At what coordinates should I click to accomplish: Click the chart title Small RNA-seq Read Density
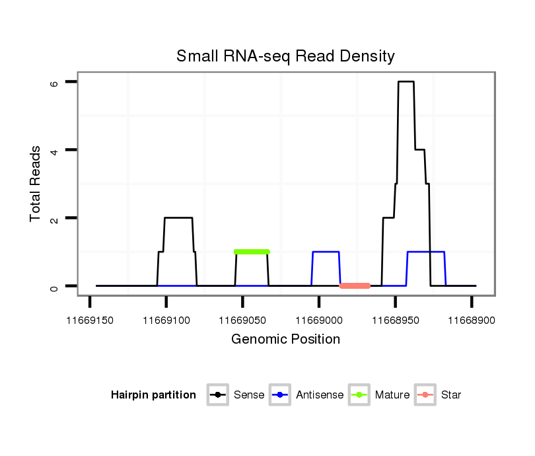[x=285, y=56]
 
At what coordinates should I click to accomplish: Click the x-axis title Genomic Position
[x=285, y=340]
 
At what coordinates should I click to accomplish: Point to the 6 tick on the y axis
[x=55, y=83]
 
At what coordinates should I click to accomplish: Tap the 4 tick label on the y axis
[x=55, y=151]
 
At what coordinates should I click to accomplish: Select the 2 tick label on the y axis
[x=55, y=218]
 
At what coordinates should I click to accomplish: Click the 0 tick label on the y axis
[x=55, y=286]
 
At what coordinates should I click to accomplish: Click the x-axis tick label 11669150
[x=90, y=321]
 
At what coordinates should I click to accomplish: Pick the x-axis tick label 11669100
[x=166, y=321]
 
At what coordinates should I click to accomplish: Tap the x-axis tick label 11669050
[x=242, y=321]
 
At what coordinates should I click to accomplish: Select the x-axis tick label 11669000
[x=319, y=321]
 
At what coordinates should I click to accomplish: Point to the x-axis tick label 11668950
[x=395, y=321]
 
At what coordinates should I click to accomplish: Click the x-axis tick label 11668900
[x=472, y=321]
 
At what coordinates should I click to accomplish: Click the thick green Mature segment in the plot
[x=252, y=252]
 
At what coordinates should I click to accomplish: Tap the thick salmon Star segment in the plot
[x=355, y=286]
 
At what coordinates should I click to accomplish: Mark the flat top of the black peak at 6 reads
[x=406, y=82]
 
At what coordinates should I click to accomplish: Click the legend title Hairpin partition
[x=153, y=395]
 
